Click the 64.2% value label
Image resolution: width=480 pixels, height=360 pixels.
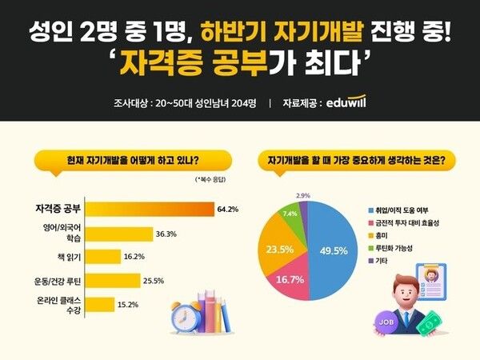click(227, 210)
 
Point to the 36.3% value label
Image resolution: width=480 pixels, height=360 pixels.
click(166, 234)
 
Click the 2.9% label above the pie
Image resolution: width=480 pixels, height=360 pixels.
click(303, 195)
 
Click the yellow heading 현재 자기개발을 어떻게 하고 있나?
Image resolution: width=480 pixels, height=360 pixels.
click(128, 160)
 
